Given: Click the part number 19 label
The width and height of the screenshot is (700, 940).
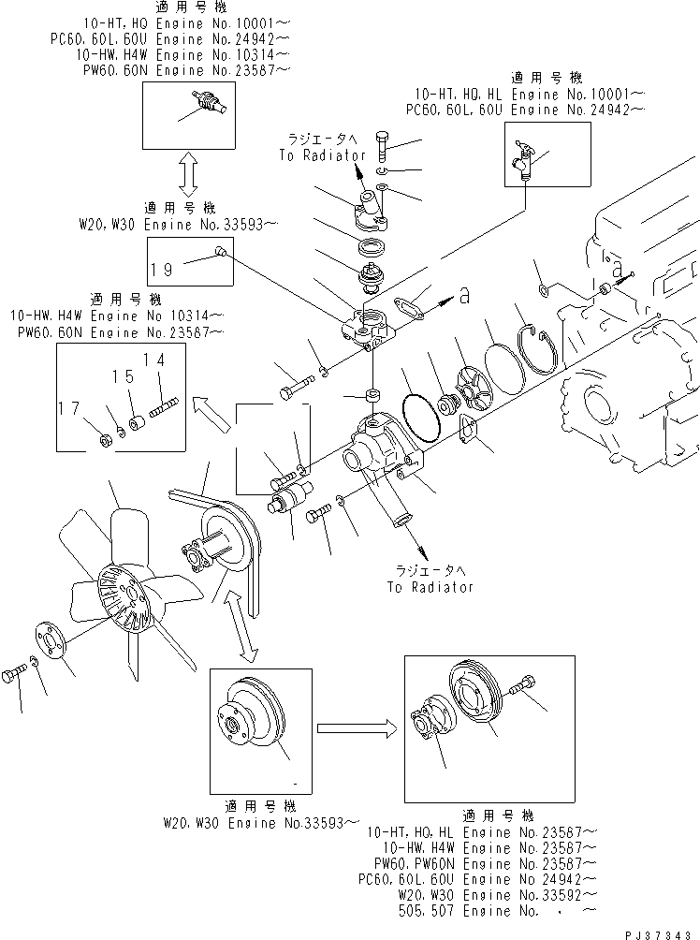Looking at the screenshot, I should pyautogui.click(x=162, y=269).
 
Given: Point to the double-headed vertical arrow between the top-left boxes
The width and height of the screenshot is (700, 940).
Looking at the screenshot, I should pyautogui.click(x=187, y=178).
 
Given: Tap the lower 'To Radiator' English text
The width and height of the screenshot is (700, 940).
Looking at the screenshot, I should pyautogui.click(x=430, y=587).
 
